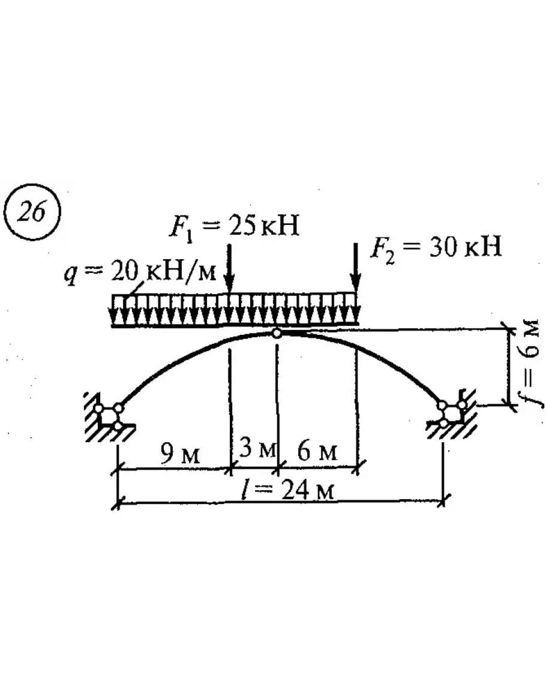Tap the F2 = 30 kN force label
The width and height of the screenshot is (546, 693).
[435, 247]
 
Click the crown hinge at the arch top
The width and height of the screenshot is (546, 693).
[276, 333]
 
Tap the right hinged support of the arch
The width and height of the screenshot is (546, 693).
[451, 414]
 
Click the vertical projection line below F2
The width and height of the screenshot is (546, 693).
[357, 408]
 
